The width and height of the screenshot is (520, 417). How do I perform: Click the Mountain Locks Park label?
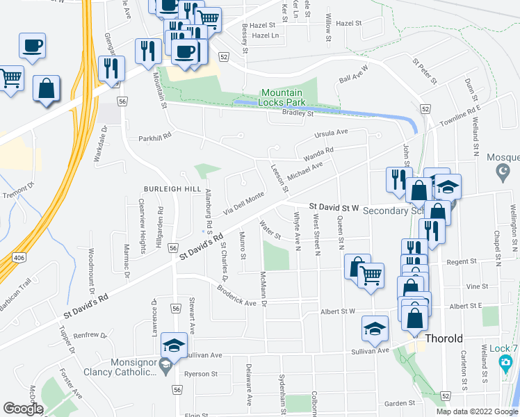point(282,98)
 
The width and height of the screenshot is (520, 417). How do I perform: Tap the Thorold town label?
point(444,339)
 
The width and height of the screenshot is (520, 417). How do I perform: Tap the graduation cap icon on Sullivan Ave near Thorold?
point(375,329)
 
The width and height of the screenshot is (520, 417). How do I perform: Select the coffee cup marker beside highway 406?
point(32,46)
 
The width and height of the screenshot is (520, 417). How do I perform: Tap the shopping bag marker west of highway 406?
point(46,89)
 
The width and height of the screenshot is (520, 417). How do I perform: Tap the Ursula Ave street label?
point(330,133)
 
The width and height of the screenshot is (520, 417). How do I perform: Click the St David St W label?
point(334,207)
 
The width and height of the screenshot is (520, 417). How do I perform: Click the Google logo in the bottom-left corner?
point(22,409)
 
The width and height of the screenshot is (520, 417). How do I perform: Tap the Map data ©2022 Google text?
point(476,411)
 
